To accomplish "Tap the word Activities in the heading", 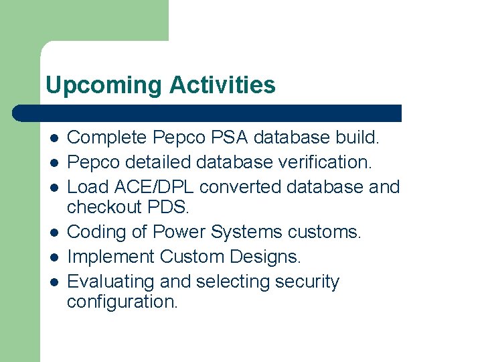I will click(x=222, y=86).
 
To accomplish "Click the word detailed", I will click(x=158, y=162).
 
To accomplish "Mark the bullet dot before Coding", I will click(x=54, y=233).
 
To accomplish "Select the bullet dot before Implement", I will click(x=54, y=257).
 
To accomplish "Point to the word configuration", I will click(x=123, y=302).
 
